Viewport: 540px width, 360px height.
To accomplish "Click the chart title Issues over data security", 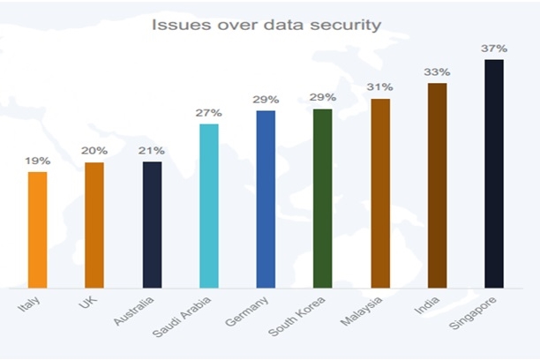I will click(266, 25).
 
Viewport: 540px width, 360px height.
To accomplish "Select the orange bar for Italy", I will click(37, 229).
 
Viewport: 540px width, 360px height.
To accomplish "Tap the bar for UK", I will click(94, 225).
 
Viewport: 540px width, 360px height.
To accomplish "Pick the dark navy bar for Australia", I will click(152, 225).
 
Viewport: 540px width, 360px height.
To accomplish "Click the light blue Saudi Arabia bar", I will click(209, 206).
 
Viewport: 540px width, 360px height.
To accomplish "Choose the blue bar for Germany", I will click(266, 199).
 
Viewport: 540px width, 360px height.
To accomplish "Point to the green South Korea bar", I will click(323, 199).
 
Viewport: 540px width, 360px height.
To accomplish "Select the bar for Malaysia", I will click(380, 193).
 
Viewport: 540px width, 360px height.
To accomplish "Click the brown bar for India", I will click(438, 185).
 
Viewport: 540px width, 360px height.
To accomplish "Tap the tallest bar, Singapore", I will click(494, 174).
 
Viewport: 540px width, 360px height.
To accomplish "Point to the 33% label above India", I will click(438, 71).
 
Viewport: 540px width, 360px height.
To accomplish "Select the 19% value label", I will click(37, 161).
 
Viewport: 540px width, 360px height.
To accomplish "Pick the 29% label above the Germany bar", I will click(266, 100).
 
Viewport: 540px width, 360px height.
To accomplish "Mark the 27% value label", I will click(209, 113).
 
